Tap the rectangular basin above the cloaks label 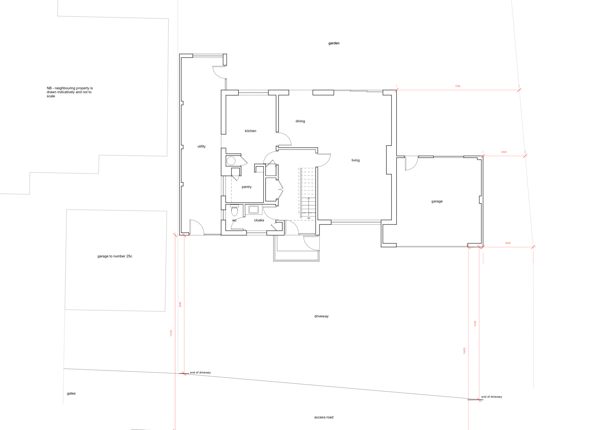(x=254, y=210)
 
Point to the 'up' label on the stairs (x=308, y=218)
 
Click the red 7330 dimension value (x=458, y=86)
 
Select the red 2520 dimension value (x=504, y=152)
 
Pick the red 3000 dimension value (x=508, y=243)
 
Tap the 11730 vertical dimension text (x=171, y=333)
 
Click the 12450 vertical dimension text (x=464, y=351)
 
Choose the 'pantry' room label (x=247, y=187)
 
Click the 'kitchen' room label (x=251, y=131)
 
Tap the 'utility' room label (x=201, y=146)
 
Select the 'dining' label (x=300, y=121)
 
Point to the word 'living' (x=355, y=160)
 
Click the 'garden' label (x=334, y=43)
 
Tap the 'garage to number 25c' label (x=115, y=256)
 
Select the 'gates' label (x=71, y=394)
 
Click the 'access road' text (x=324, y=417)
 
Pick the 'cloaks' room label (x=259, y=220)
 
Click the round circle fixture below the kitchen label (x=231, y=161)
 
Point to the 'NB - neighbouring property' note (x=70, y=92)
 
